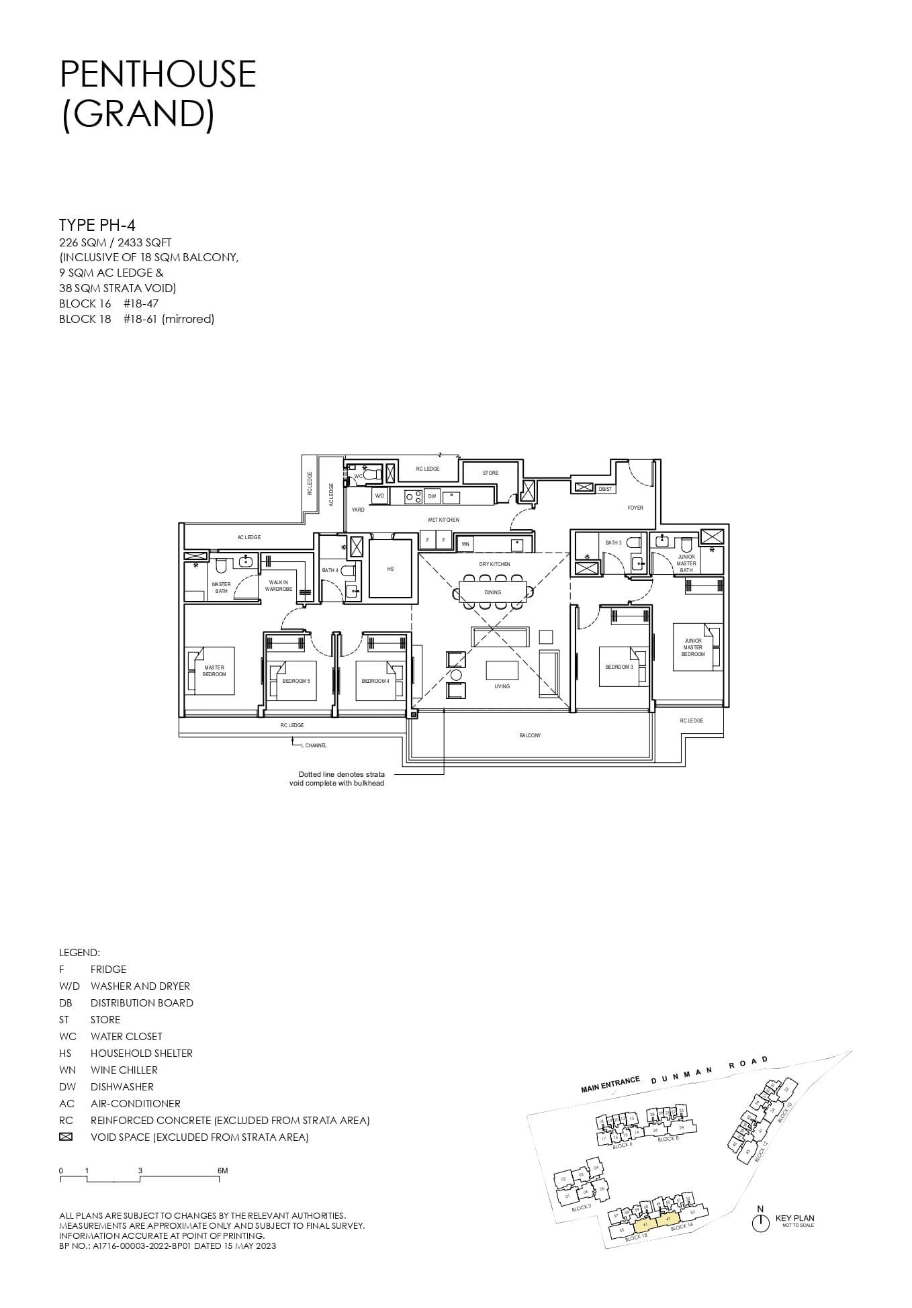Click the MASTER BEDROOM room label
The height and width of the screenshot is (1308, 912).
point(214,671)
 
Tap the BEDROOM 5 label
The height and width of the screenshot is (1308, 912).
point(295,681)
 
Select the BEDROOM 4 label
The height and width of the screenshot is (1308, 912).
point(375,681)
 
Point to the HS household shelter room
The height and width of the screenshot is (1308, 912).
point(390,569)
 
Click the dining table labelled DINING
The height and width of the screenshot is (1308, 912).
point(493,592)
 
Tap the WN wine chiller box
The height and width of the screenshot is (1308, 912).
point(465,544)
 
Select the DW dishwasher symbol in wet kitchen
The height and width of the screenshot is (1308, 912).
point(432,497)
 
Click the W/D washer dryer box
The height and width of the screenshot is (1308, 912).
point(379,496)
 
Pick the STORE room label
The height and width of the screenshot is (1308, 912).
point(490,473)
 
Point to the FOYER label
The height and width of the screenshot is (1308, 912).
point(635,508)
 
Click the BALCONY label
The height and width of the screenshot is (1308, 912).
point(529,735)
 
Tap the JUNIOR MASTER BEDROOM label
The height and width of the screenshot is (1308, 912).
point(692,647)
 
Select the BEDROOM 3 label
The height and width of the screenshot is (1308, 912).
point(619,667)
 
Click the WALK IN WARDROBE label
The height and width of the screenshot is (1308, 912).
point(278,586)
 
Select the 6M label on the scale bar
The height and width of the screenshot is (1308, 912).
point(222,1170)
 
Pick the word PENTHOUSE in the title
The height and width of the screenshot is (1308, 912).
point(158,74)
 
